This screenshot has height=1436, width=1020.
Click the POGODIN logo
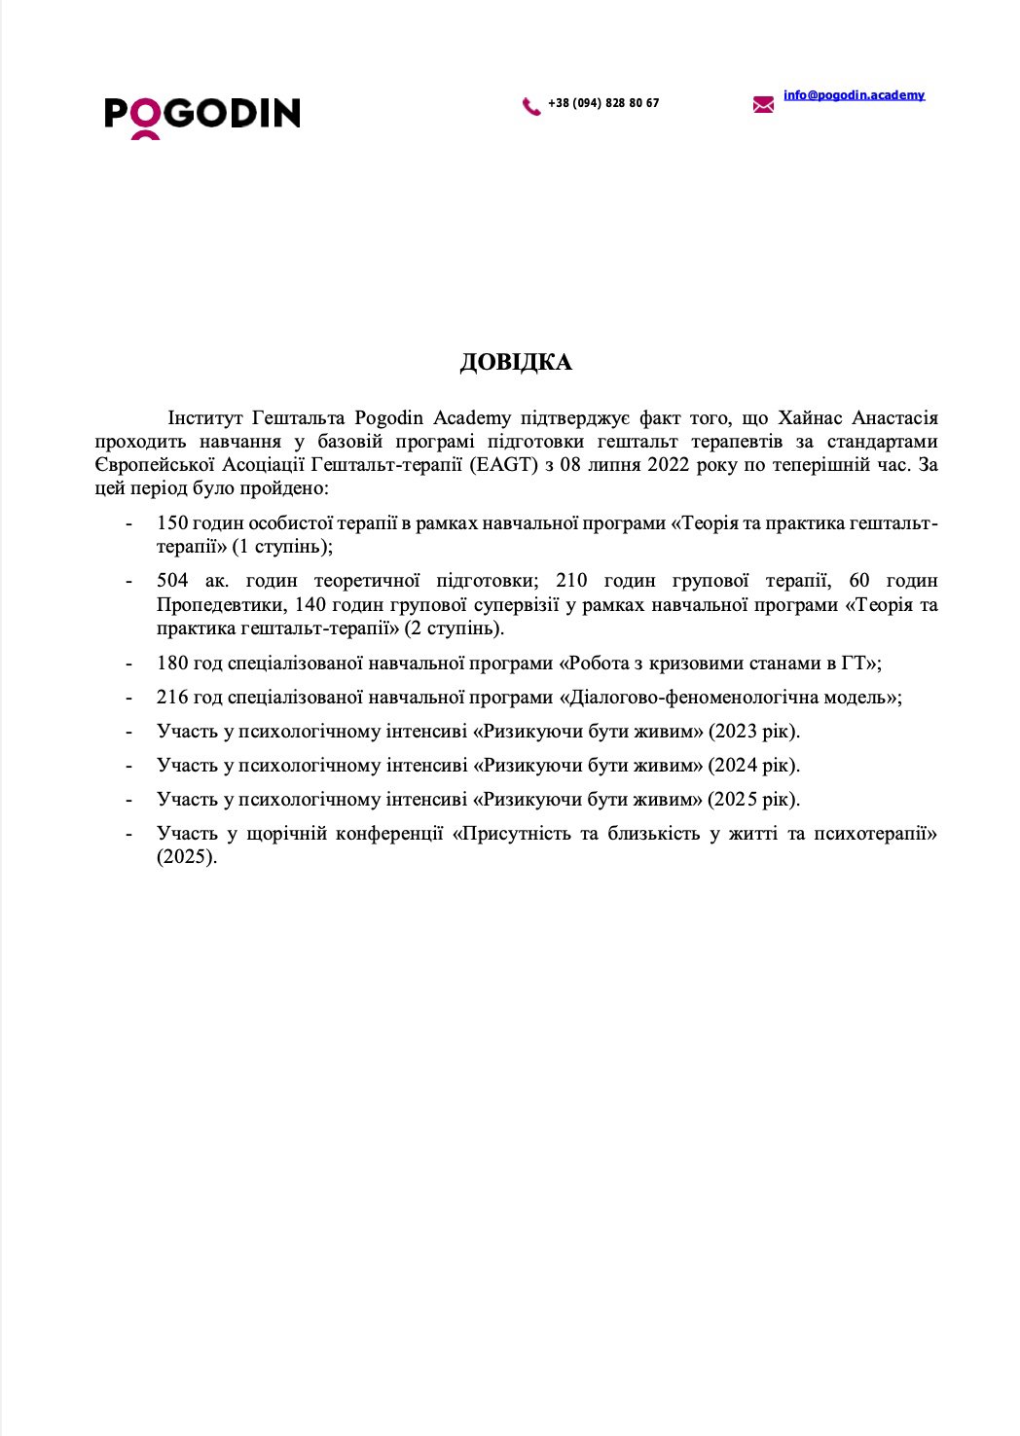click(x=201, y=115)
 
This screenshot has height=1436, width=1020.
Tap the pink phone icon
click(x=531, y=106)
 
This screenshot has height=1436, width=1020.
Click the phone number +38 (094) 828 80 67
click(x=603, y=103)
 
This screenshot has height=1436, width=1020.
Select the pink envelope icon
click(x=763, y=104)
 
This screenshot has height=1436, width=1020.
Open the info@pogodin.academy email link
click(x=854, y=95)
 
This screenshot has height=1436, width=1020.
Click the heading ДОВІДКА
click(x=516, y=363)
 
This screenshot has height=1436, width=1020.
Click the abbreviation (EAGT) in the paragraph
click(x=503, y=464)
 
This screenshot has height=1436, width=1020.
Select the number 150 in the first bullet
click(x=172, y=523)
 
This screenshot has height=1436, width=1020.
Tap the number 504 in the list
click(x=172, y=581)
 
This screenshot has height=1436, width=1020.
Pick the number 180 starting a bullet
click(x=172, y=664)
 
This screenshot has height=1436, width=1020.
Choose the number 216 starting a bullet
click(x=172, y=698)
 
